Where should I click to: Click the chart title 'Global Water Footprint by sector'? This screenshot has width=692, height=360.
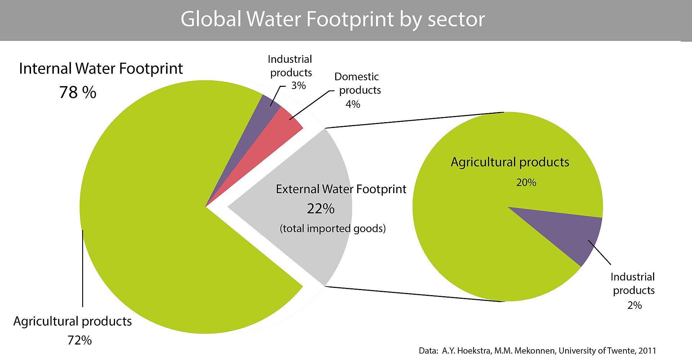(332, 19)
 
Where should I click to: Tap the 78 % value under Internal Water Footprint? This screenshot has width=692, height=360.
(78, 92)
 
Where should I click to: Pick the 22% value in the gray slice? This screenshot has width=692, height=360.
(321, 209)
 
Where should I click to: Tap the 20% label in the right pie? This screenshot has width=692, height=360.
(526, 183)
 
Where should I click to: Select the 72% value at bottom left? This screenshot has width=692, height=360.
(80, 340)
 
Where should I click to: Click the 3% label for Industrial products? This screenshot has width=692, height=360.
(298, 86)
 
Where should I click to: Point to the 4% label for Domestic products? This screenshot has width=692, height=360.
(353, 105)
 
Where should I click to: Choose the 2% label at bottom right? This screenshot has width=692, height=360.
(634, 306)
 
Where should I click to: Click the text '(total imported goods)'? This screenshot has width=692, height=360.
(333, 228)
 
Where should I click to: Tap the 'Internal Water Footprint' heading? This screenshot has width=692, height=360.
(101, 68)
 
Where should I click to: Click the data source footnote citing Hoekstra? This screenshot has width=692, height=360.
(537, 351)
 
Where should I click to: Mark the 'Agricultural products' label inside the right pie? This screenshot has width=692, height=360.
(510, 162)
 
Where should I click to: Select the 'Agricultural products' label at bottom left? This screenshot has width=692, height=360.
(72, 321)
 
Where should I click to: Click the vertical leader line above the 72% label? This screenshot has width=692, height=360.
(83, 268)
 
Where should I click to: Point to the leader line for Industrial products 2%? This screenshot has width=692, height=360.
(600, 252)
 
